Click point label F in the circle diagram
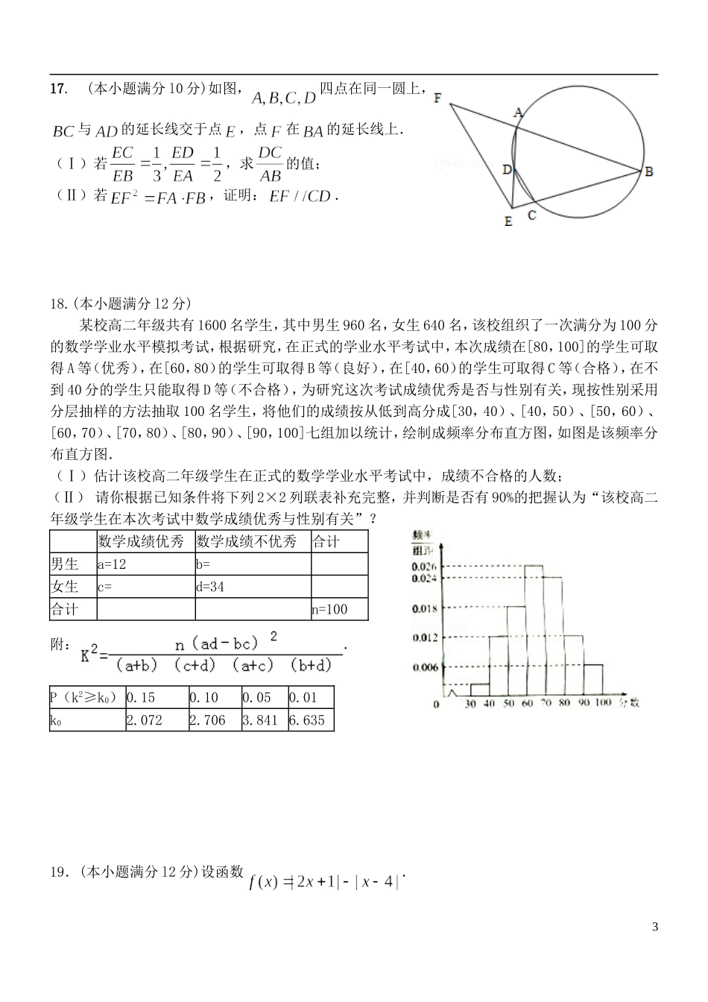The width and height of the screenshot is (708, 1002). tap(437, 98)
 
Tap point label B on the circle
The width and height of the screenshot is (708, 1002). tap(649, 171)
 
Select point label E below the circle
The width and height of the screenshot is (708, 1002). tap(508, 221)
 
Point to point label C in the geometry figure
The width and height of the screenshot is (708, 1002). tap(531, 216)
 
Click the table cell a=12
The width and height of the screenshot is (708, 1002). tap(112, 564)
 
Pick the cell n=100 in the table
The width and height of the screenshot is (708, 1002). tap(329, 609)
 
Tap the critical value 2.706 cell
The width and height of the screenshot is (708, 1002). tap(207, 720)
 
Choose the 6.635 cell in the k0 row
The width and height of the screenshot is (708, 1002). tap(307, 720)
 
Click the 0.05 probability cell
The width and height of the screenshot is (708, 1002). tap(259, 698)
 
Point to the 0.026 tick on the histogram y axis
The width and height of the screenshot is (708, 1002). tap(424, 566)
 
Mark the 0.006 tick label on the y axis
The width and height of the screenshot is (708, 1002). tap(424, 667)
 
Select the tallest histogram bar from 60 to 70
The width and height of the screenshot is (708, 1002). tap(534, 630)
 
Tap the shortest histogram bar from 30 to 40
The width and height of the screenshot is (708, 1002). tap(479, 690)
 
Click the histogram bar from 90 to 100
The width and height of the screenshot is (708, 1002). tap(593, 679)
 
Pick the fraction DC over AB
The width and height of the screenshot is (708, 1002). tap(270, 164)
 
